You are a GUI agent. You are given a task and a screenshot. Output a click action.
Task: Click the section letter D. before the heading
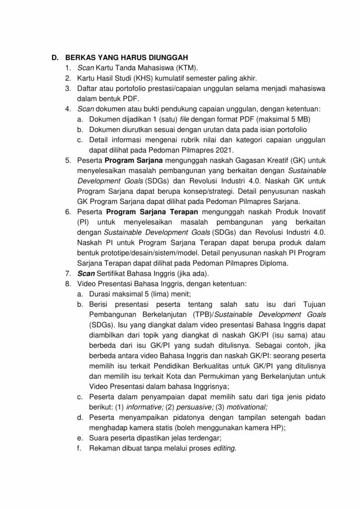coord(56,57)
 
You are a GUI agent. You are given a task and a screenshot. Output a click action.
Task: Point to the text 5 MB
coord(288,120)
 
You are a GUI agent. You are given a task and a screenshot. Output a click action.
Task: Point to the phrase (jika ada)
coord(184,274)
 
